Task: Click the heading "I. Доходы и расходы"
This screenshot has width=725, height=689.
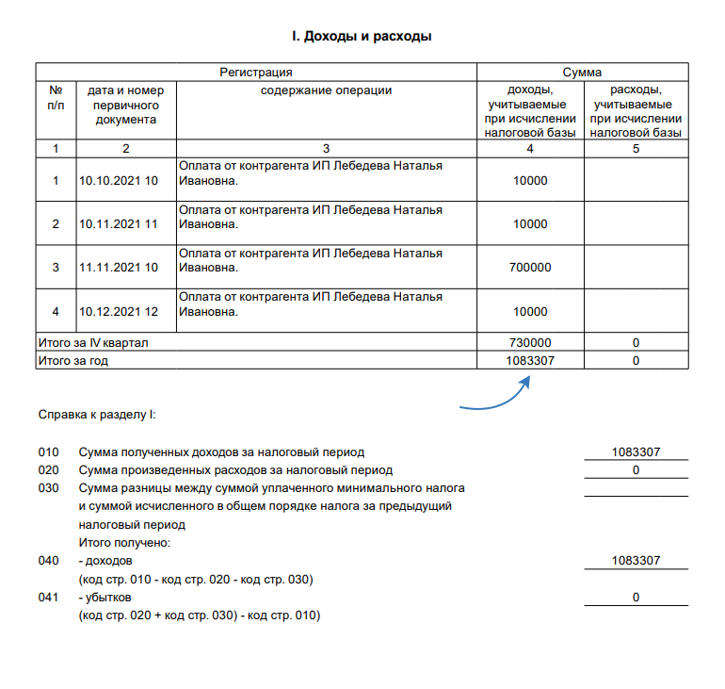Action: [362, 37]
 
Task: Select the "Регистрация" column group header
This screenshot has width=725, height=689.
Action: [256, 72]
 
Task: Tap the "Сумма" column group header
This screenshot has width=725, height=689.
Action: [582, 72]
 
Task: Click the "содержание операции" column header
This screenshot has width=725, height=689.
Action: [326, 90]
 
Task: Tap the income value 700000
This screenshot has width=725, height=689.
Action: [531, 268]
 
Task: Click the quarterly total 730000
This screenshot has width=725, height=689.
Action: [531, 343]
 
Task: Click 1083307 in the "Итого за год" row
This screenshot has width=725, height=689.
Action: [531, 360]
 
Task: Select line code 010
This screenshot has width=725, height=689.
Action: [48, 452]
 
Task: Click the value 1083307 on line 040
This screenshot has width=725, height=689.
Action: [636, 561]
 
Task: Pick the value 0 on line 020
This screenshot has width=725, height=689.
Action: [636, 469]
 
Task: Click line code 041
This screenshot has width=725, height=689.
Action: [48, 598]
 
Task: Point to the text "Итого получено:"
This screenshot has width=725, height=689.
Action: [124, 543]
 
